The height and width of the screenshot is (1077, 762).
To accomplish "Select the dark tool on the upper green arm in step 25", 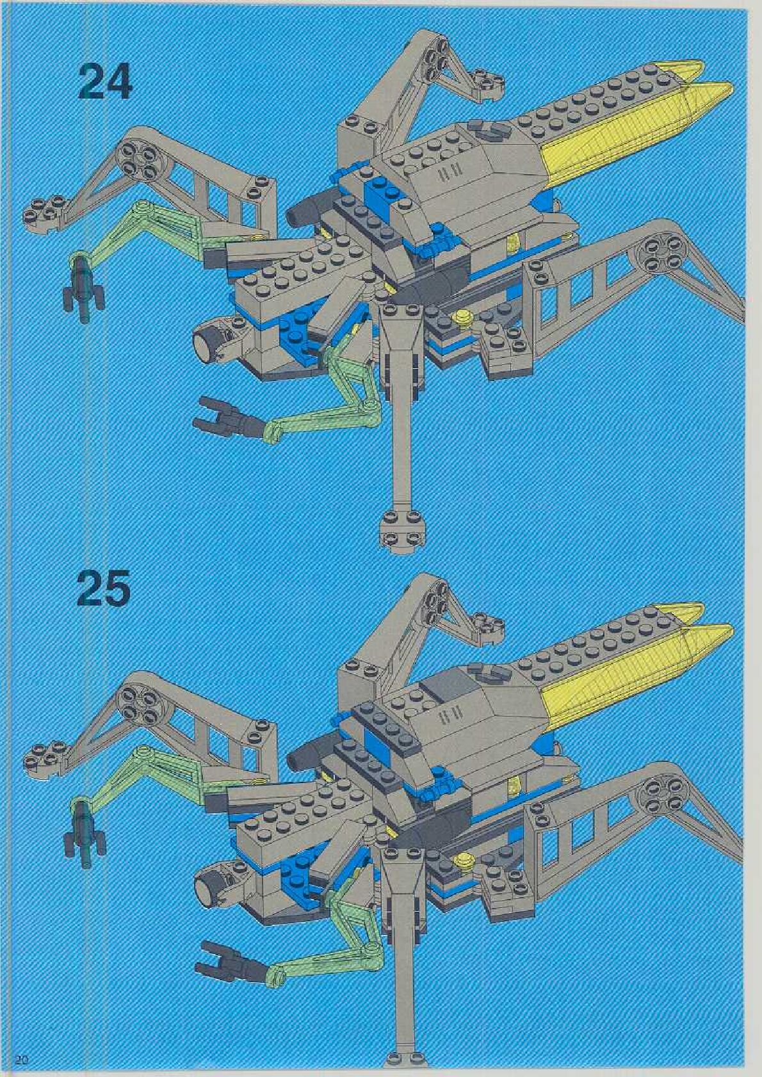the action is point(83,827).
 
